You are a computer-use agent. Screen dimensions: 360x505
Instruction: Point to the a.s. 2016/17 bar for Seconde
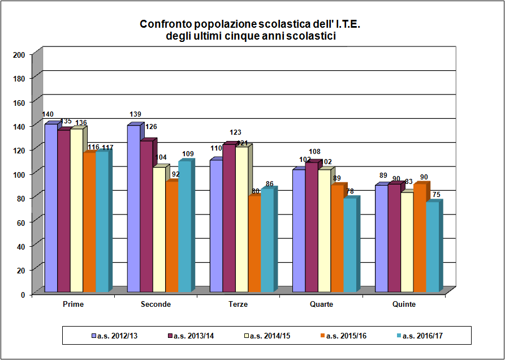(x=184, y=227)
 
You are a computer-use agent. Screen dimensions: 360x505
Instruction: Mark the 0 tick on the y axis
(x=22, y=294)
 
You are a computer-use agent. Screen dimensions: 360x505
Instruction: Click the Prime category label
(x=74, y=305)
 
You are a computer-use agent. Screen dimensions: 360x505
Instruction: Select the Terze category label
(x=238, y=305)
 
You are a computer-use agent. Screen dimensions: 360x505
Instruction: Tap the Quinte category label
(x=404, y=305)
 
